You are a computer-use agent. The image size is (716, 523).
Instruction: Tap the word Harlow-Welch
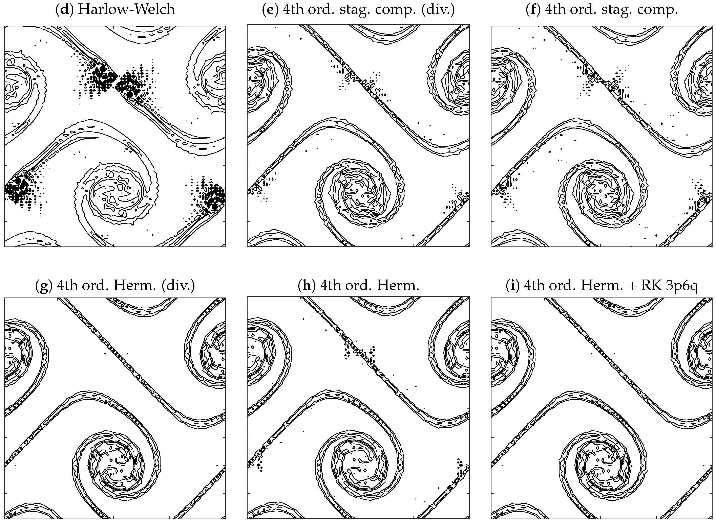126,9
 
